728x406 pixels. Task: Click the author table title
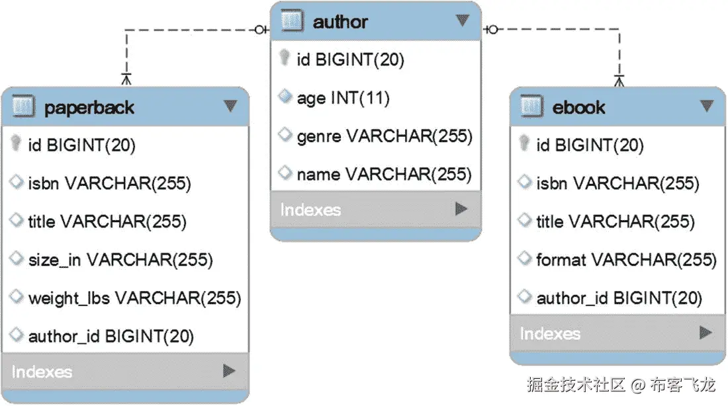click(340, 22)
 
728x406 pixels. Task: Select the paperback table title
click(89, 107)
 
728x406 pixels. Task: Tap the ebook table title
click(578, 107)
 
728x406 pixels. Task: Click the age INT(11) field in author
click(343, 99)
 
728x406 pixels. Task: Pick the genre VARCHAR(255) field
click(384, 137)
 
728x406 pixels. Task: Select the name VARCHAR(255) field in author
click(384, 175)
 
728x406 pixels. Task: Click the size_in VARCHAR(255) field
click(120, 260)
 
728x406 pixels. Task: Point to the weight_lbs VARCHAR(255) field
click(134, 298)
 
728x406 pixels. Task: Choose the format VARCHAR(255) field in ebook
click(626, 260)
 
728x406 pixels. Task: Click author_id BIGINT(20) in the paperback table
click(111, 337)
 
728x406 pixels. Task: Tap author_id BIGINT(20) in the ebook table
click(619, 298)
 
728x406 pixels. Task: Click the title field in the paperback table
click(107, 222)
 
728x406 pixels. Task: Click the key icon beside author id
click(285, 60)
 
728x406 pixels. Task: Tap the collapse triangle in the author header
click(463, 20)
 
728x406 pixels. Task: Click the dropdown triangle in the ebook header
click(707, 106)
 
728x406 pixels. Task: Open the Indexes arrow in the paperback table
click(229, 370)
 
